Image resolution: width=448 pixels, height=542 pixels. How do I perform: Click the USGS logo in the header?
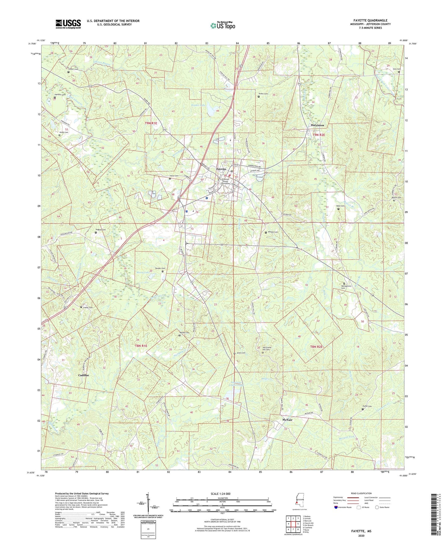[68, 24]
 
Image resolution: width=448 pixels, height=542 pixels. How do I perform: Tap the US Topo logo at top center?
[223, 25]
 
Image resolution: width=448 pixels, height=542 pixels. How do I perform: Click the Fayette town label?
[221, 169]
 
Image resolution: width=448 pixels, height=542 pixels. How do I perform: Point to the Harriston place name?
[317, 125]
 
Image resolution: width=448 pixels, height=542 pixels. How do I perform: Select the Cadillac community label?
[84, 375]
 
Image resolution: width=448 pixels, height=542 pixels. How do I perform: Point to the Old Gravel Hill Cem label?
[268, 348]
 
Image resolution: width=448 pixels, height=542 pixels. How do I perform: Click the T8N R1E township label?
[141, 346]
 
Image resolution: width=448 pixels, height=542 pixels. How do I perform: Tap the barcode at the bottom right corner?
[435, 515]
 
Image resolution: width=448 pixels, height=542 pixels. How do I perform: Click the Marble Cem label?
[184, 333]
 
